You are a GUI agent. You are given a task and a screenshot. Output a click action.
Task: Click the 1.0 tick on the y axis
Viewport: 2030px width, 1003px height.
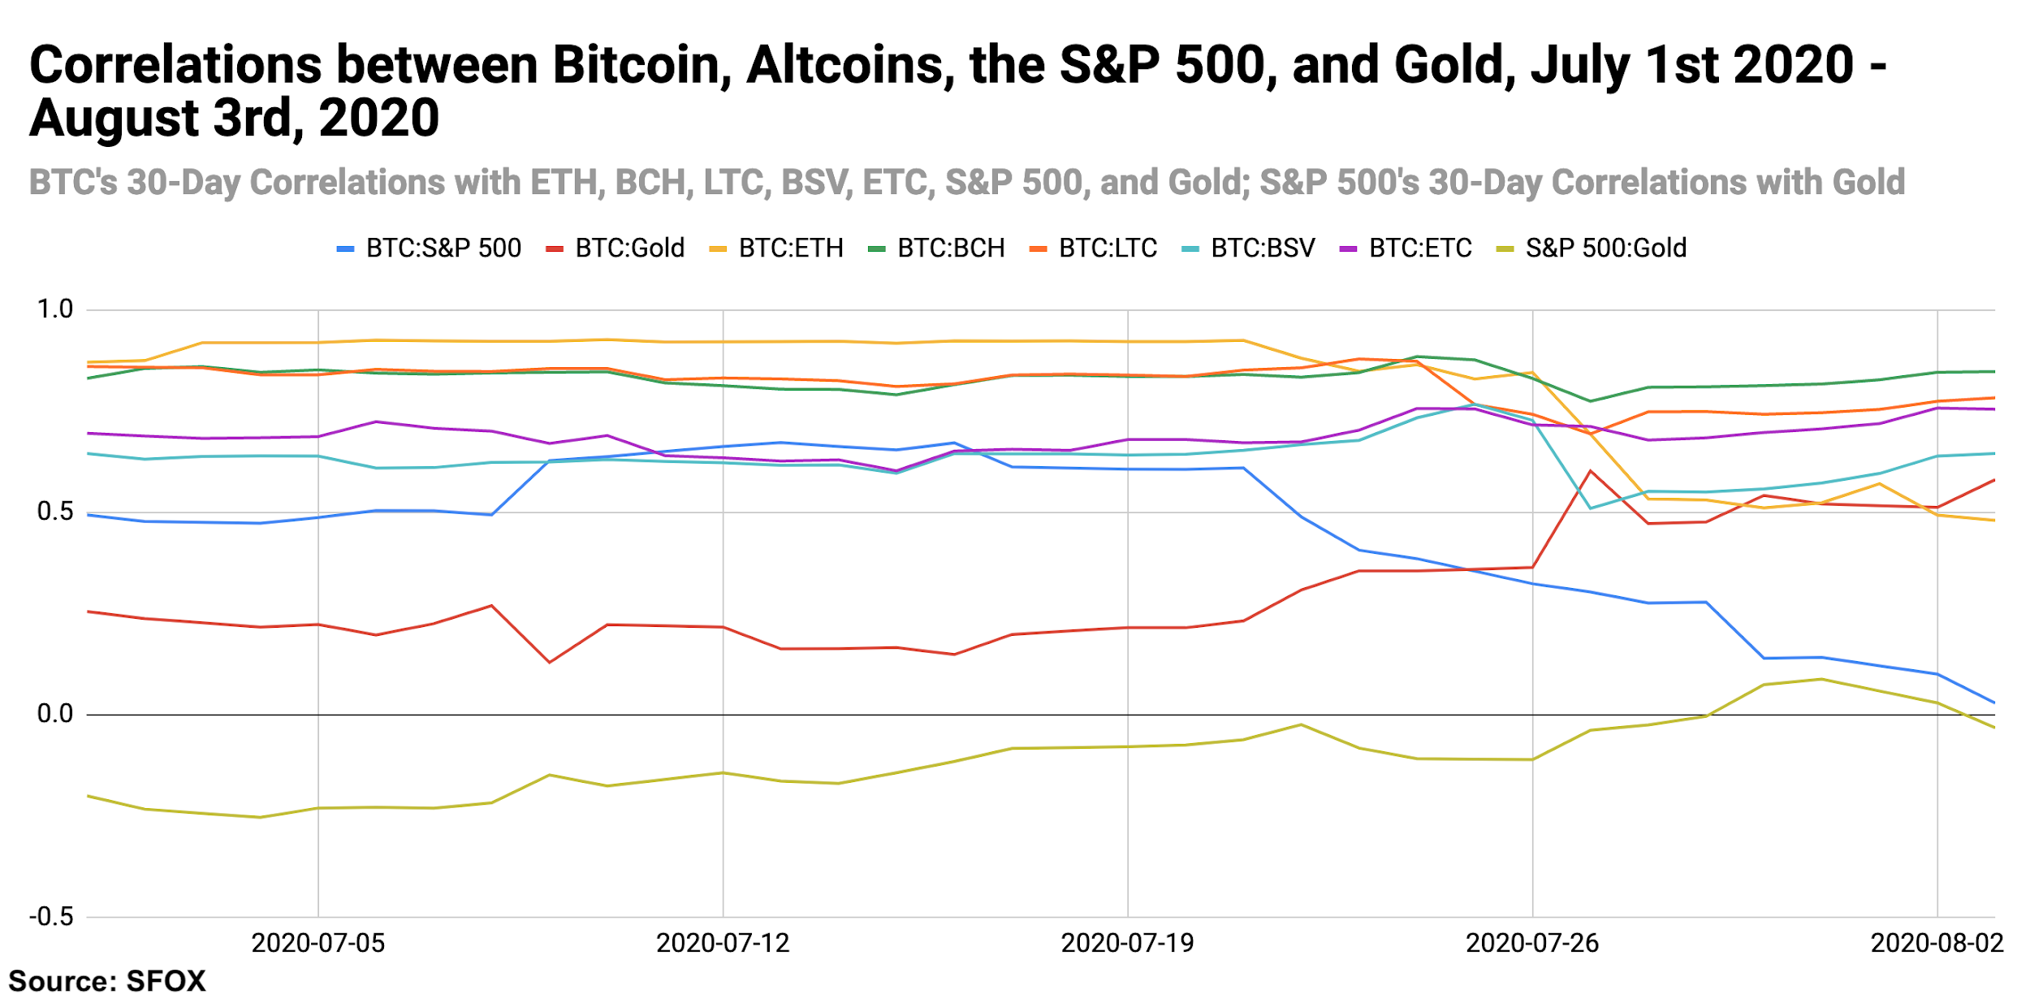click(x=55, y=309)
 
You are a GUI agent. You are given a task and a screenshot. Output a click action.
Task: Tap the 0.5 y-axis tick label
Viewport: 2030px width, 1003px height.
click(x=55, y=512)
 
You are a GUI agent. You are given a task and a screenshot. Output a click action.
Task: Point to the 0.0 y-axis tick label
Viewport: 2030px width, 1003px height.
click(x=55, y=714)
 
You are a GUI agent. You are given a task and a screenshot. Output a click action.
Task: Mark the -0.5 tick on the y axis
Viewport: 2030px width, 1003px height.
click(x=51, y=917)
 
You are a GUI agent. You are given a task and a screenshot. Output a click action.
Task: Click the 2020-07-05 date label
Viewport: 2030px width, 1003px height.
click(x=317, y=943)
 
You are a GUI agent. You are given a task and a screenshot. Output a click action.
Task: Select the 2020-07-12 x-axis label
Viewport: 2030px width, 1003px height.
click(x=723, y=943)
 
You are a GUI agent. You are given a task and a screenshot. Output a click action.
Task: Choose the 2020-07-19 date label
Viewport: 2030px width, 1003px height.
click(x=1127, y=943)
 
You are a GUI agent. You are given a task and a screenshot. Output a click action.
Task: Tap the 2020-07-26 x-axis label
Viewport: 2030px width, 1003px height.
click(x=1531, y=943)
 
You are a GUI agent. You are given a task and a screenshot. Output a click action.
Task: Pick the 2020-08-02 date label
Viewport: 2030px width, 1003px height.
click(x=1937, y=943)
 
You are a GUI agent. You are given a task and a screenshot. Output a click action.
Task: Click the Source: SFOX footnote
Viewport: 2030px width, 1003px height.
click(x=107, y=981)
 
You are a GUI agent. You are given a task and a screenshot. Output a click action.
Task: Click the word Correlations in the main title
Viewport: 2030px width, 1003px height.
click(x=175, y=65)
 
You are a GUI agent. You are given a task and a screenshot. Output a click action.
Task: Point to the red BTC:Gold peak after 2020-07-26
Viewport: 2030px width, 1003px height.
click(x=1590, y=471)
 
